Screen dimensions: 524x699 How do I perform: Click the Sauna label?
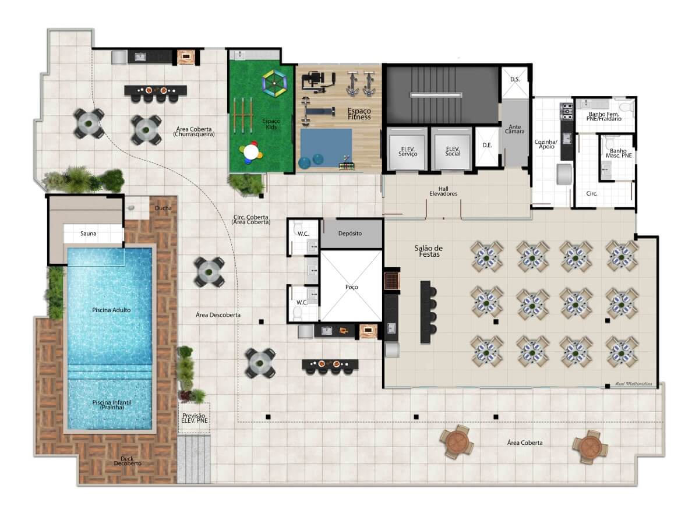coord(89,234)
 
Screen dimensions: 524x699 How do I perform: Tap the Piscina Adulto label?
coord(111,310)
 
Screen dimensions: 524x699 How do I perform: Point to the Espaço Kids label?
coord(271,123)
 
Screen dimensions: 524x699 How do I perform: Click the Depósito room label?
coord(350,233)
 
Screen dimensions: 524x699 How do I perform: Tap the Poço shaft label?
coord(351,287)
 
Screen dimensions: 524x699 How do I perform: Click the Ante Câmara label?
coord(515,129)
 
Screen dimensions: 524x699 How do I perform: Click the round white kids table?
coord(251,151)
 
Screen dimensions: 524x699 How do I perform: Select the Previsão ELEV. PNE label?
coord(195,417)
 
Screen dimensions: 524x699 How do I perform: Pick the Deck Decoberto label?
coord(127,461)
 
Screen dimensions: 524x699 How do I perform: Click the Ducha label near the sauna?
coord(163,208)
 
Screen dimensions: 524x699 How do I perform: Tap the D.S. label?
coord(515,79)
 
